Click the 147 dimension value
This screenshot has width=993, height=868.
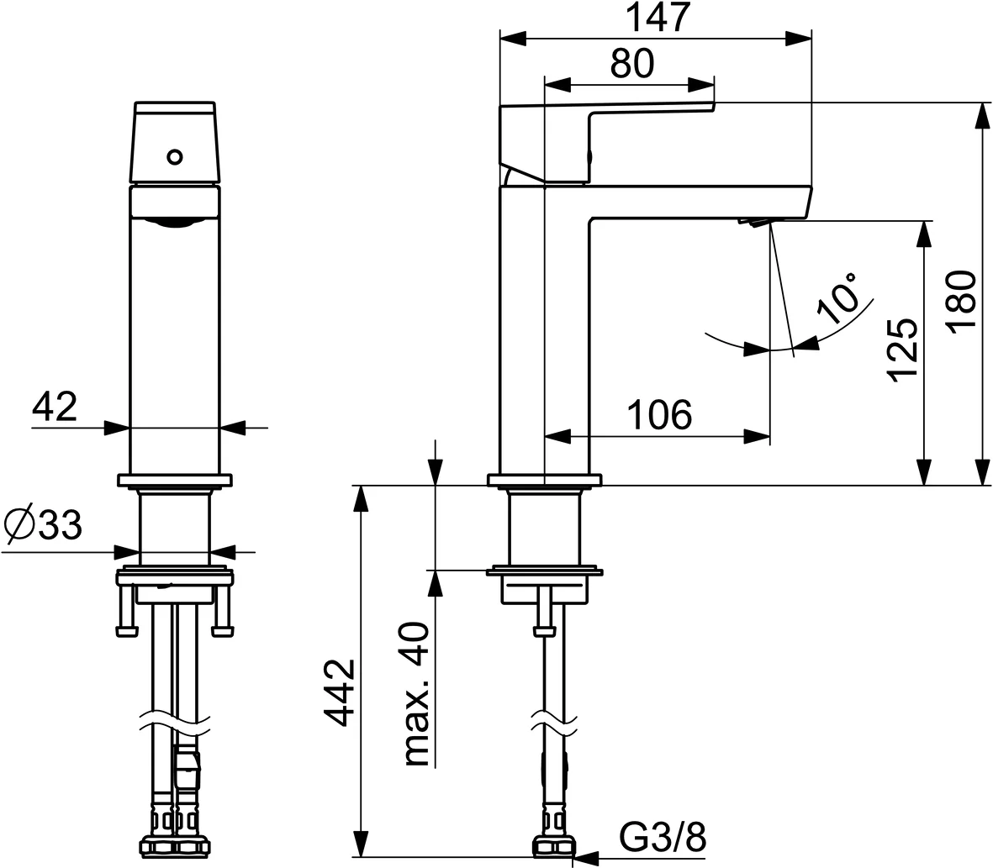[657, 18]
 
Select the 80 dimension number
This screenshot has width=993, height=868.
[631, 65]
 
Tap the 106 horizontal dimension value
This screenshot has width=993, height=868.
[658, 416]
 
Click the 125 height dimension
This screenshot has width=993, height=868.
[902, 350]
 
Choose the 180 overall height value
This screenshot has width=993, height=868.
[962, 302]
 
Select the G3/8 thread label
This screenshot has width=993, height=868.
[663, 837]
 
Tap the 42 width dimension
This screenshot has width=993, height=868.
[55, 408]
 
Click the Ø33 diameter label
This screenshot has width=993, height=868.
[43, 527]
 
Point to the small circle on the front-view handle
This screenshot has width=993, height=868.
[175, 156]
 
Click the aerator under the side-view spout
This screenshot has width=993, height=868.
[754, 222]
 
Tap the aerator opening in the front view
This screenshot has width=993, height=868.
[175, 222]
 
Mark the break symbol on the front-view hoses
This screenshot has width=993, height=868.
[175, 720]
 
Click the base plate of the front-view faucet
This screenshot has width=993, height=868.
[175, 481]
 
